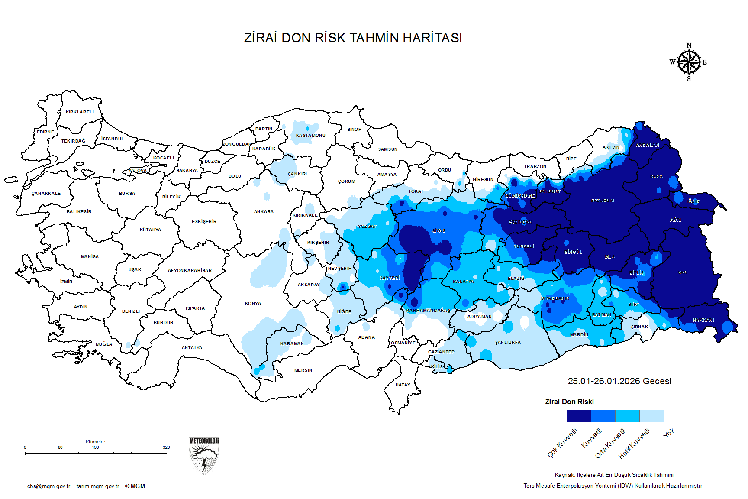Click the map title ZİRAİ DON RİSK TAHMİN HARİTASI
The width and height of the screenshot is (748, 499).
[x=353, y=38]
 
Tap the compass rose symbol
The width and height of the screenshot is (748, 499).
[x=689, y=62]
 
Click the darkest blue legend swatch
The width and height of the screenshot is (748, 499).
[x=578, y=416]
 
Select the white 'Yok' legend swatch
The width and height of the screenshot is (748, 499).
[x=676, y=416]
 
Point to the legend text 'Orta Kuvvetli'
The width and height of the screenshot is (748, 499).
[x=610, y=443]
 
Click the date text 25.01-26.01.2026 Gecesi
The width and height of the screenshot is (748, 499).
[x=619, y=381]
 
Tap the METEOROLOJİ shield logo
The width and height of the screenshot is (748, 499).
[x=204, y=455]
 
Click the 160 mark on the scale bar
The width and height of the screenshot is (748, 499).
[x=96, y=447]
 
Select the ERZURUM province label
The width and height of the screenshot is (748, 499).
[x=602, y=201]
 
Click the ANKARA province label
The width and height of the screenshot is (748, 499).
[x=264, y=212]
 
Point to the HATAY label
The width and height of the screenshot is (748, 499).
[x=403, y=385]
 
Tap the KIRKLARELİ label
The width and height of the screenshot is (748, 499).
[x=80, y=112]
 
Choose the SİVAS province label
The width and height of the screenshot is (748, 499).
[x=438, y=231]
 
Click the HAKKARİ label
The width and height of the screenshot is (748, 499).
[x=703, y=320]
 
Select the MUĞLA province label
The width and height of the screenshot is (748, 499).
[x=104, y=344]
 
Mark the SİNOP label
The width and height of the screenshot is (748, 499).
[x=354, y=130]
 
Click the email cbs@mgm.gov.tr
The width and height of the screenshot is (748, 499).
[x=48, y=486]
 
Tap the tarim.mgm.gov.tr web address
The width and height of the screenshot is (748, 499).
[x=98, y=486]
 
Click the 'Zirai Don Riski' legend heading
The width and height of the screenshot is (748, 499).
[x=569, y=402]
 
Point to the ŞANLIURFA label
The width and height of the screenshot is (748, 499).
[x=508, y=343]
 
